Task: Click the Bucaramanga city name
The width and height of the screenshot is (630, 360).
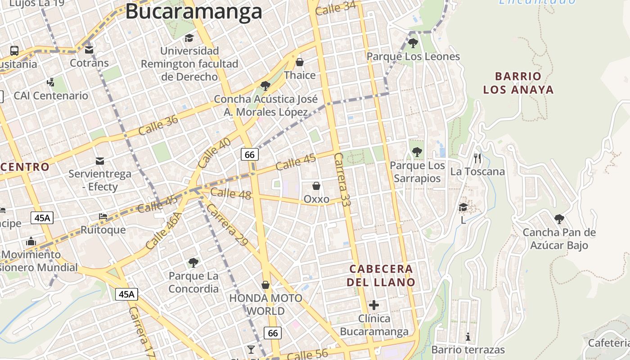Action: [193, 11]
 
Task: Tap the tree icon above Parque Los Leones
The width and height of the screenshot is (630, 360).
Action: [413, 44]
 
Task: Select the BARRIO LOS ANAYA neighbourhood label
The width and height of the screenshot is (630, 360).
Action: [518, 83]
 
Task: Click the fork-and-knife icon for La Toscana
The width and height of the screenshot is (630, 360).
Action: [477, 158]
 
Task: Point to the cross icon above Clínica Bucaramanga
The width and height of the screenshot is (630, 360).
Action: [374, 305]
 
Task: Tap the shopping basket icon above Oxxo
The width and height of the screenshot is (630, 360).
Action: [316, 186]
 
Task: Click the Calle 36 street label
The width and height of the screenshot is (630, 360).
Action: [158, 125]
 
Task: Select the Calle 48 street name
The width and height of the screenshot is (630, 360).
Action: [230, 193]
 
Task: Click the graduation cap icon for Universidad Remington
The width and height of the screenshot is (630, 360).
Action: [189, 38]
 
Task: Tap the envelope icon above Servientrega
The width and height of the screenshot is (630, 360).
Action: [100, 161]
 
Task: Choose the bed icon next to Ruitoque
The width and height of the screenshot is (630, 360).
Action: [103, 216]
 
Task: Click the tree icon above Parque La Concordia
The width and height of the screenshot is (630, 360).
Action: [193, 262]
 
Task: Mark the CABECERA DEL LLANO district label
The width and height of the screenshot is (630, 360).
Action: [382, 275]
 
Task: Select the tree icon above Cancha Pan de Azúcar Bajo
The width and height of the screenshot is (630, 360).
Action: [559, 219]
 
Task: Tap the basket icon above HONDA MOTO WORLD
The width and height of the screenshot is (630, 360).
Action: [265, 285]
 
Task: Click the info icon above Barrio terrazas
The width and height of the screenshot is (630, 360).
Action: [468, 337]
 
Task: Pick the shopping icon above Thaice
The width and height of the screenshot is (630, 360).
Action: [300, 62]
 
